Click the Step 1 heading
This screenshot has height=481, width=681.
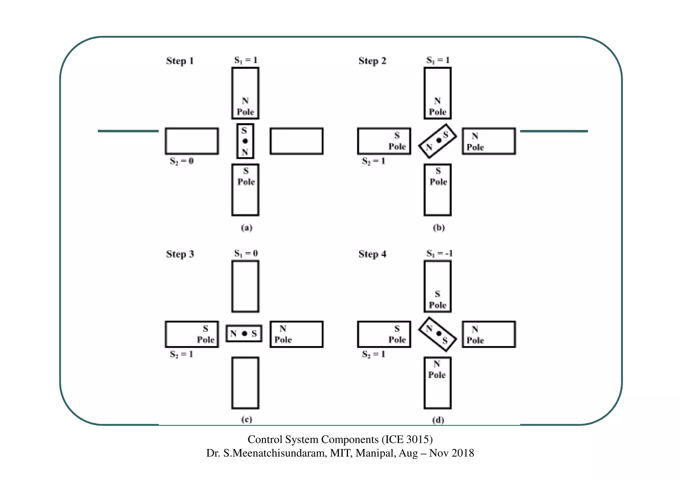click(x=180, y=61)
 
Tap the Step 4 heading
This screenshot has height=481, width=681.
click(x=372, y=254)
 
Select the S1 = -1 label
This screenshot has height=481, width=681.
click(x=439, y=254)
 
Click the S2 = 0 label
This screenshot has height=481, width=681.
click(x=182, y=161)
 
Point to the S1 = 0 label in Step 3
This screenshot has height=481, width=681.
click(x=246, y=254)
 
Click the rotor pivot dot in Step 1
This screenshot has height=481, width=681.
click(x=245, y=141)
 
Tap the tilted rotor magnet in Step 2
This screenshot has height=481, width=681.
click(x=437, y=141)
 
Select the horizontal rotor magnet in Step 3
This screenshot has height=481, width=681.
click(x=244, y=333)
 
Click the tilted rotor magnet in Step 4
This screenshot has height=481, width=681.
click(x=437, y=334)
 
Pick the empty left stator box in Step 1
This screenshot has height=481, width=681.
click(x=192, y=141)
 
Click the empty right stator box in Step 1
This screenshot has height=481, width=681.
click(x=296, y=141)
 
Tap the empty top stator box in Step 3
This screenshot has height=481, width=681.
click(x=245, y=286)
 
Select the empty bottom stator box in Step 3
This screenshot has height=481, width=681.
click(x=245, y=383)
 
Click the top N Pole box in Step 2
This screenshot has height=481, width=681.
click(x=437, y=93)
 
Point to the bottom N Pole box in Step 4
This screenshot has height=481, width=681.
click(x=437, y=383)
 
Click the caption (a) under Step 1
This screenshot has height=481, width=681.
click(x=246, y=228)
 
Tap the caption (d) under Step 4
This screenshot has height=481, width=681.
click(x=438, y=420)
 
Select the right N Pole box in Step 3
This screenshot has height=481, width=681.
click(x=296, y=334)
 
